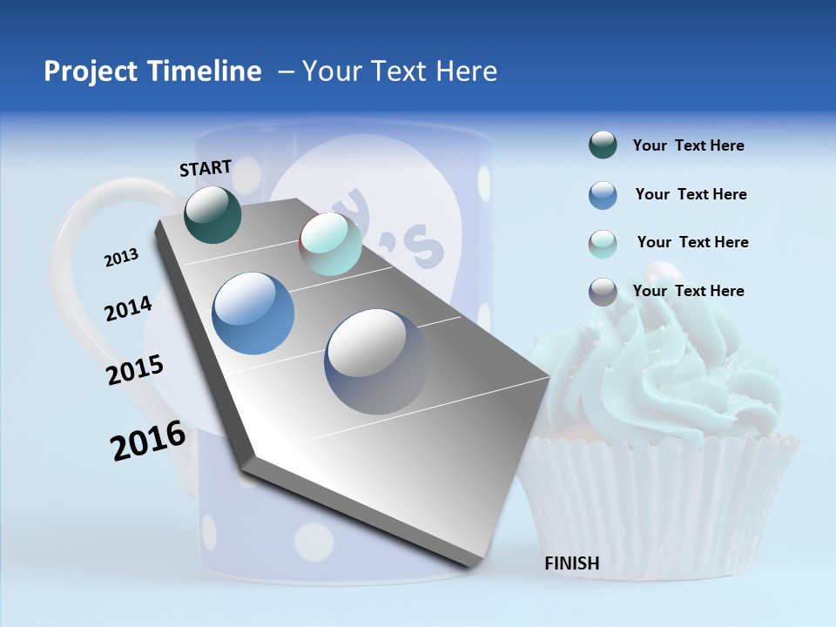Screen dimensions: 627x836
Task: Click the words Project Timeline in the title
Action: coord(152,71)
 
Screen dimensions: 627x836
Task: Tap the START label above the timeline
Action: coord(206,167)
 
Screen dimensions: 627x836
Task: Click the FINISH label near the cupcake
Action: coord(571,563)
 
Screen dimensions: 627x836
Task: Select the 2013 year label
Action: coord(121,258)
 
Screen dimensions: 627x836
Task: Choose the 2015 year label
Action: coord(135,370)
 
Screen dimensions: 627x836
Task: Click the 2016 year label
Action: coord(148,441)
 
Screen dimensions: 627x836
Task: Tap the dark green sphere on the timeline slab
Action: coord(212,214)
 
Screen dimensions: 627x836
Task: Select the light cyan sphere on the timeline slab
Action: coord(330,245)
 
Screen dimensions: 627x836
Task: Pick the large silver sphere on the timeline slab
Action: coord(376,361)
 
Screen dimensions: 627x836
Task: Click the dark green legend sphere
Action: coord(603,145)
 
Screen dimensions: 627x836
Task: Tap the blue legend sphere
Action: coord(603,195)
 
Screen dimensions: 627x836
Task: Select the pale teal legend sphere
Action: coord(603,243)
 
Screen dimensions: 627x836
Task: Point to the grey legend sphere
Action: coord(603,292)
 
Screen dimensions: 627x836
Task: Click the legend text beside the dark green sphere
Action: coord(688,146)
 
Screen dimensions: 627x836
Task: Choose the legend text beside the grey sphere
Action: coord(688,291)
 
